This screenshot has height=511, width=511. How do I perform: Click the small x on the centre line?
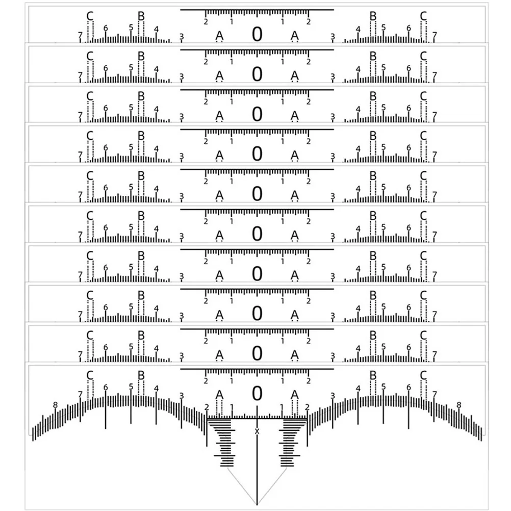(x=257, y=431)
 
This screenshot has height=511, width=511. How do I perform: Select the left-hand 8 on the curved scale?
(x=55, y=405)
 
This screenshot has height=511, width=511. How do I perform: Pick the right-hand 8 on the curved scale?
(x=458, y=404)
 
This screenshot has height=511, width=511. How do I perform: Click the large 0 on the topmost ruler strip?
(x=258, y=34)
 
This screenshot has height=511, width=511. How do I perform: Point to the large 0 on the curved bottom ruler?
(x=258, y=393)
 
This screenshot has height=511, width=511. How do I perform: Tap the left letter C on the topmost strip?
(x=90, y=16)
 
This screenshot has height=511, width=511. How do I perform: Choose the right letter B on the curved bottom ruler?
(x=373, y=376)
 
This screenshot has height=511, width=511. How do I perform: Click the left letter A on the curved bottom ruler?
(x=220, y=395)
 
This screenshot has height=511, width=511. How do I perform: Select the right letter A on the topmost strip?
(x=295, y=36)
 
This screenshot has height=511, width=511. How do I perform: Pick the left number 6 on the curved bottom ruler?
(x=106, y=388)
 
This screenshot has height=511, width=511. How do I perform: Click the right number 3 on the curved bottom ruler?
(x=333, y=396)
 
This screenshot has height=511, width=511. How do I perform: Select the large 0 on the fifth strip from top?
(x=258, y=193)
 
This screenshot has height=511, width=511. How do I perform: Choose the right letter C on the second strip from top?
(x=423, y=56)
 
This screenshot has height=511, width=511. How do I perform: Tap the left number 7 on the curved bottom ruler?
(x=80, y=394)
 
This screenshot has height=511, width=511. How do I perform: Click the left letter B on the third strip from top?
(x=141, y=96)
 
